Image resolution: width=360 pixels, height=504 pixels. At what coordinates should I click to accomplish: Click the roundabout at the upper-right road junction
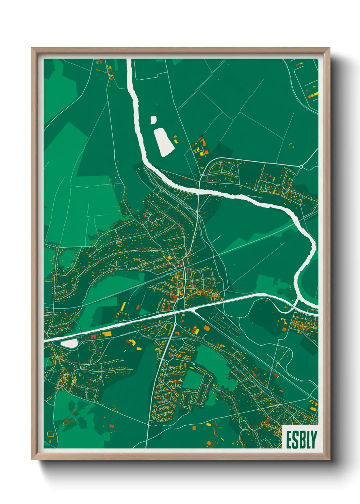(301, 167)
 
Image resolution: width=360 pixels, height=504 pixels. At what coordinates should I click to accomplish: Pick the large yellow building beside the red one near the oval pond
(107, 334)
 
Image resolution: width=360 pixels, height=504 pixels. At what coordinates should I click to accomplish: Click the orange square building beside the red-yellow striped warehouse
(207, 328)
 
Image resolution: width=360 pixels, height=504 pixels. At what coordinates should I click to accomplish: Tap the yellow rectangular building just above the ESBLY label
(313, 409)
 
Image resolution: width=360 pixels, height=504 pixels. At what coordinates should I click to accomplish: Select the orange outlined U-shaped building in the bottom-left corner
(51, 434)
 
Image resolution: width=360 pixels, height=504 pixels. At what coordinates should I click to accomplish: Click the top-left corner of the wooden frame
(32, 48)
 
